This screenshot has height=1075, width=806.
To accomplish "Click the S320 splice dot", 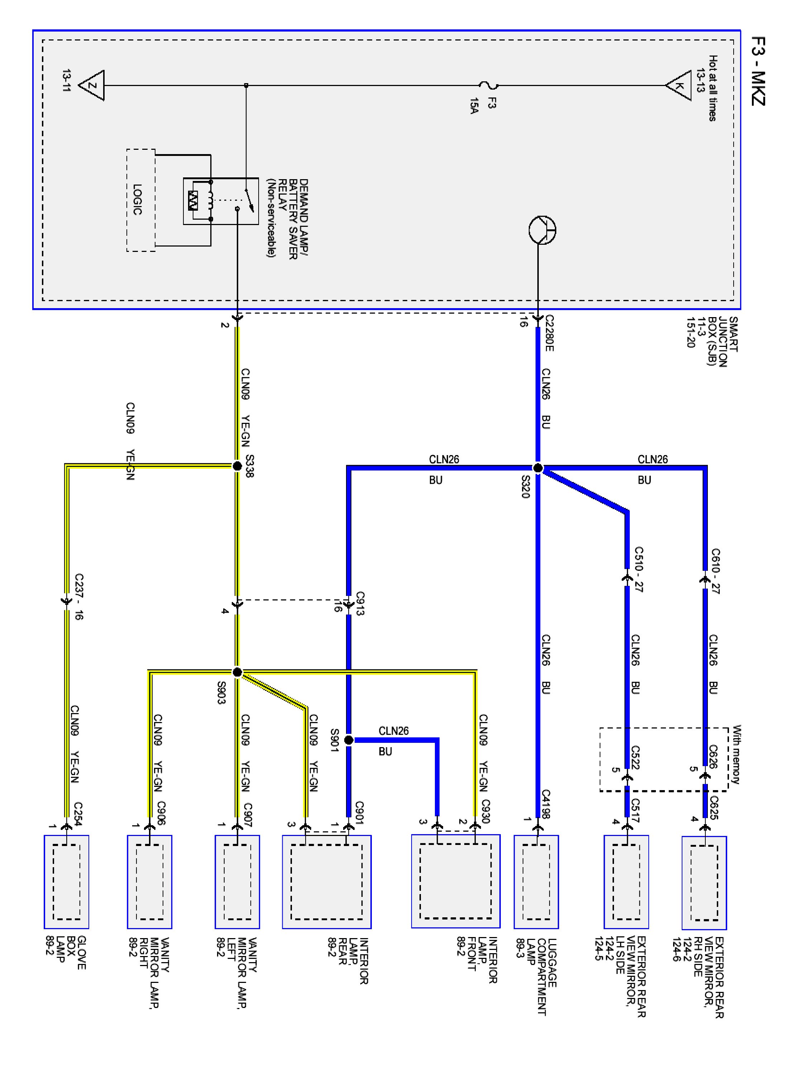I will [537, 468].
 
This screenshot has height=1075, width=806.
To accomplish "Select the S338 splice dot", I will [237, 466].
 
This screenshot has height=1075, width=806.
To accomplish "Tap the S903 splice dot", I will [237, 672].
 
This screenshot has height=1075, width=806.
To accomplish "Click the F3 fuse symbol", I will [488, 86].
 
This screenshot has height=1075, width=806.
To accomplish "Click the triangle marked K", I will [679, 86].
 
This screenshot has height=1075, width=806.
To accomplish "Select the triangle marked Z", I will [92, 86].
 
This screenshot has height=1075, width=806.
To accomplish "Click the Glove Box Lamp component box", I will [67, 882].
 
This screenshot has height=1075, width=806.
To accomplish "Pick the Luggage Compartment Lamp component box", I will [536, 882].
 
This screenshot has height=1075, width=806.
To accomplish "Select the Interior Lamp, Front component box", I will [455, 881].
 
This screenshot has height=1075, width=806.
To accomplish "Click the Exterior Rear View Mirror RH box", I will [704, 883].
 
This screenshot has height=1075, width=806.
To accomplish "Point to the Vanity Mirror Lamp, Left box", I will [237, 882].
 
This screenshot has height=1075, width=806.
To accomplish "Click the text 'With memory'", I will [737, 754].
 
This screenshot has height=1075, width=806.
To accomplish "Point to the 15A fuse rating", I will [474, 105].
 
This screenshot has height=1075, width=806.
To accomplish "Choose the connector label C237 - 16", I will [79, 597].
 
